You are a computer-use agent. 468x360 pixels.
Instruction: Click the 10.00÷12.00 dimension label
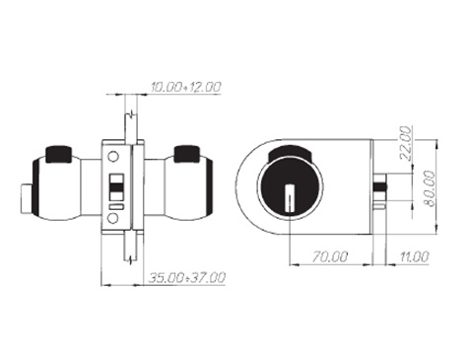pos(186,87)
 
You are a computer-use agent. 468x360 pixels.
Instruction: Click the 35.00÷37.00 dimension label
pos(187,278)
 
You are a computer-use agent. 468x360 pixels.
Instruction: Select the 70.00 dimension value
pos(329,256)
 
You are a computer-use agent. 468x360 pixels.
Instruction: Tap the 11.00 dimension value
pos(414,256)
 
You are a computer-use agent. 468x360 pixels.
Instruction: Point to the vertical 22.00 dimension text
pos(406,143)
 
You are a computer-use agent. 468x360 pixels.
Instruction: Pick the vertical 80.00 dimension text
pos(430,188)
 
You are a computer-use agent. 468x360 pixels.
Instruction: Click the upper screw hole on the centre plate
pos(113,157)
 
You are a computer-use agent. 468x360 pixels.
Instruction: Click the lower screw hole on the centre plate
pos(113,218)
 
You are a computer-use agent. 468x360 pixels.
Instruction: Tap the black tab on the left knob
pos(59,154)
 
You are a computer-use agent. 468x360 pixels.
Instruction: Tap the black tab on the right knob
pos(186,154)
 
